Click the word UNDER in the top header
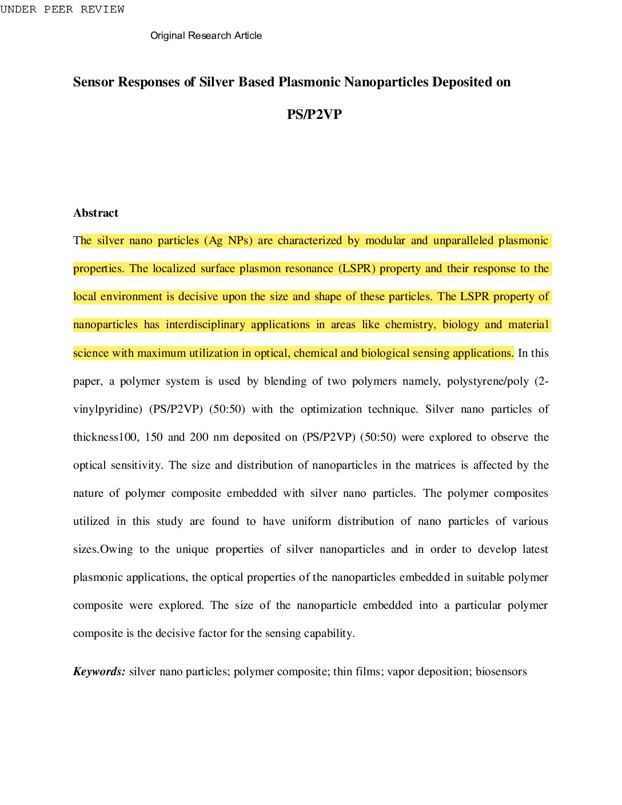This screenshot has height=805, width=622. pyautogui.click(x=18, y=9)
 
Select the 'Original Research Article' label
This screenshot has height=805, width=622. pyautogui.click(x=206, y=35)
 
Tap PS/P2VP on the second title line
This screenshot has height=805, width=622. pyautogui.click(x=314, y=114)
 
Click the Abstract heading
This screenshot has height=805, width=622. pyautogui.click(x=95, y=213)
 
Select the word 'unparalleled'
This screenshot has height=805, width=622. pyautogui.click(x=462, y=241)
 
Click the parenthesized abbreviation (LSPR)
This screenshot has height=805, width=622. pyautogui.click(x=357, y=269)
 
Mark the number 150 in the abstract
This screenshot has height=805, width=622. pyautogui.click(x=154, y=437)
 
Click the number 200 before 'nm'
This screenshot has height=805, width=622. pyautogui.click(x=199, y=437)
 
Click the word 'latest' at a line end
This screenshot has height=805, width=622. pyautogui.click(x=535, y=549)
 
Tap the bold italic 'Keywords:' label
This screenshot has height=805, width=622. pyautogui.click(x=99, y=672)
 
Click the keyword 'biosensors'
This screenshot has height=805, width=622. pyautogui.click(x=501, y=672)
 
